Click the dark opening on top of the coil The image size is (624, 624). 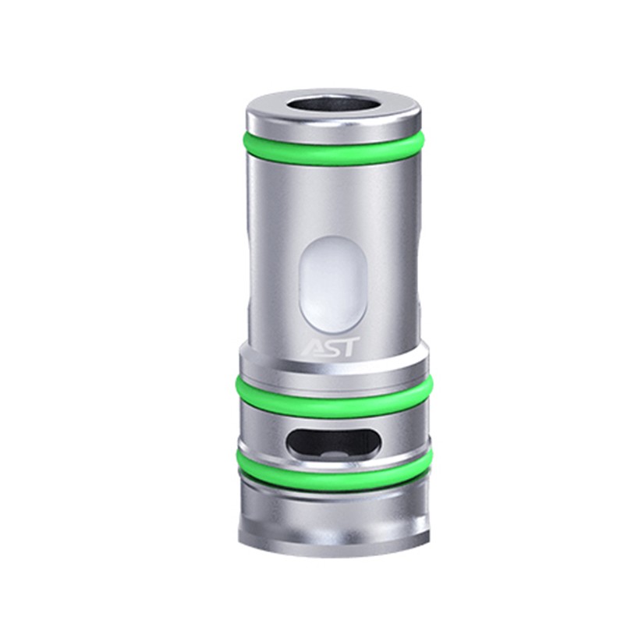tap(333, 107)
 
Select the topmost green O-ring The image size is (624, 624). tap(333, 151)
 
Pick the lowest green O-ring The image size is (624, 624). tap(333, 470)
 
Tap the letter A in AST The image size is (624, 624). tap(310, 346)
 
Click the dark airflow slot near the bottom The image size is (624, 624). tap(333, 442)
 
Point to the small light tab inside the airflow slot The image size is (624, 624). tap(335, 452)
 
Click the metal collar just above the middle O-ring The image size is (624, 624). tap(333, 370)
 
